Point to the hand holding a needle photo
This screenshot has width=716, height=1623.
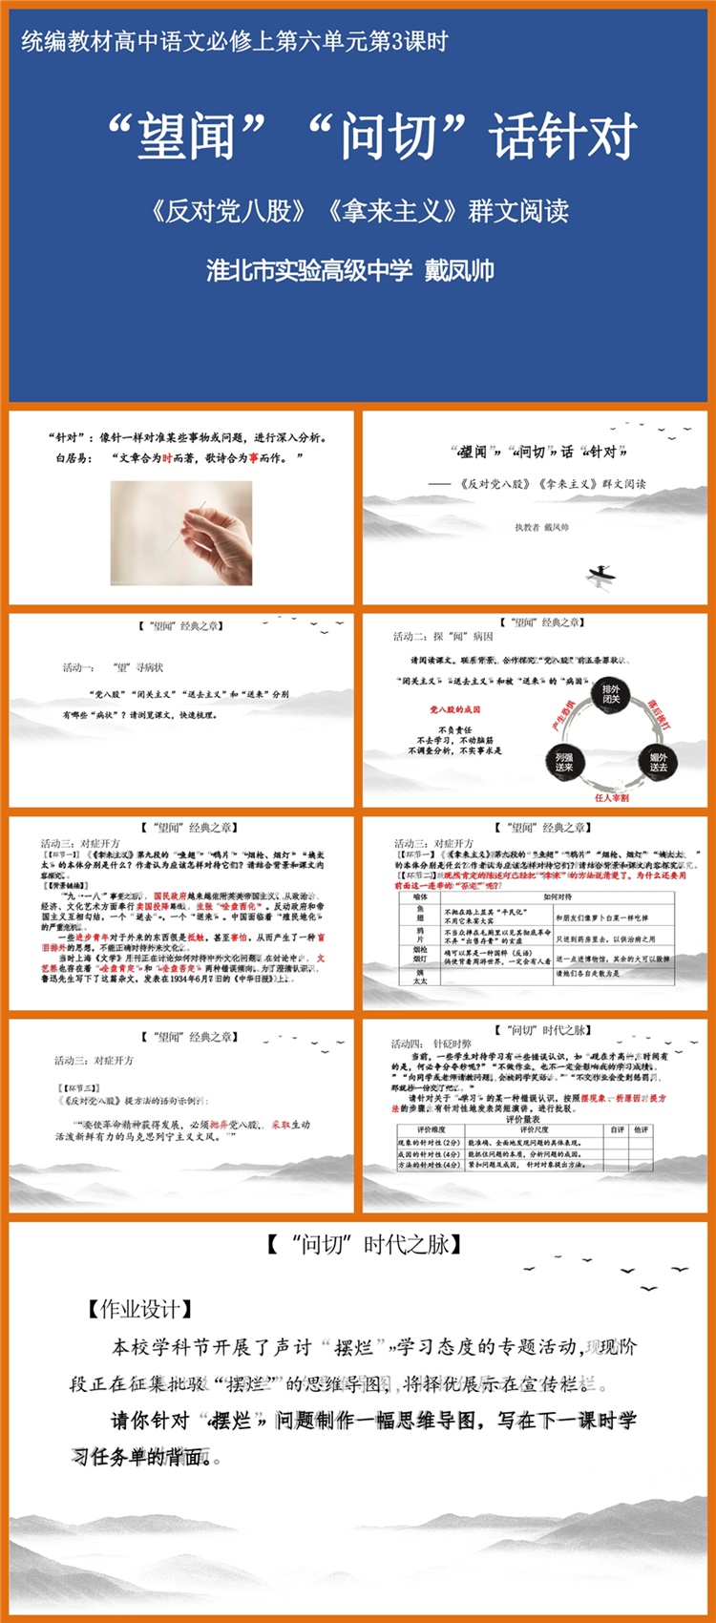point(181,532)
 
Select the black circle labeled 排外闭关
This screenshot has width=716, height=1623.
point(611,694)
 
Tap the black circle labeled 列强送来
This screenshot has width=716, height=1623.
point(564,761)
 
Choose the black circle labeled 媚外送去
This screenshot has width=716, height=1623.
point(658,761)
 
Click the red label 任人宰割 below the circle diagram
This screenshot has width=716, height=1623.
point(611,797)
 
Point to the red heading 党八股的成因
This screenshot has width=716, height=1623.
point(454,709)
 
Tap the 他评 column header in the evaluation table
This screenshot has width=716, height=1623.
point(641,1129)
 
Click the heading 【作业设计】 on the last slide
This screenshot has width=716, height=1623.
point(139,1309)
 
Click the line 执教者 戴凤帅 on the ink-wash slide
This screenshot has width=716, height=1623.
point(541,527)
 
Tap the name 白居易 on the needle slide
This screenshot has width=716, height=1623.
point(73,458)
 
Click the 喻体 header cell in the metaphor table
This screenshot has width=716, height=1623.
point(420,896)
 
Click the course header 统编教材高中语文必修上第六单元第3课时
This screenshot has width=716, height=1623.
point(234,41)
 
